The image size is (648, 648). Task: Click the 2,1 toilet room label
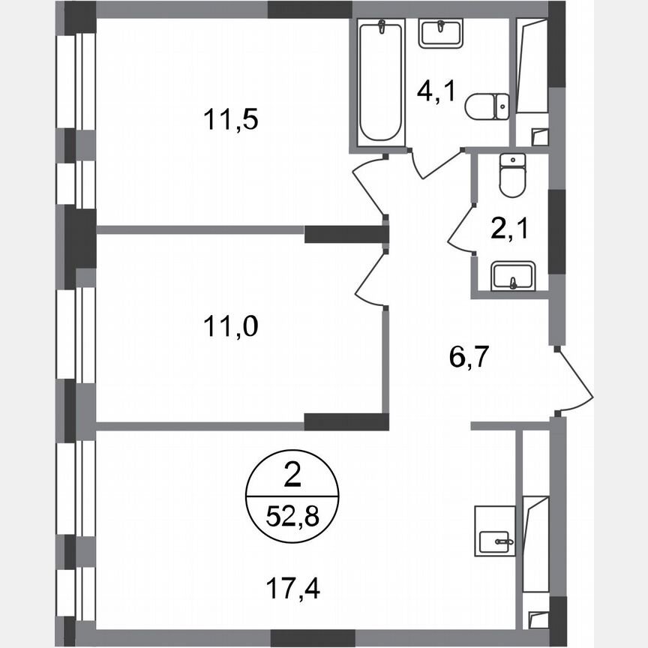click(x=511, y=227)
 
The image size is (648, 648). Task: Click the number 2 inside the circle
click(x=292, y=475)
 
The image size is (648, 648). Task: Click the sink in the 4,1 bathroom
click(x=440, y=34)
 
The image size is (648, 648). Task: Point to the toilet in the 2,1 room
click(x=514, y=175)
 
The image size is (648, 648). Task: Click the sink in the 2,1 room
click(x=512, y=276)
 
